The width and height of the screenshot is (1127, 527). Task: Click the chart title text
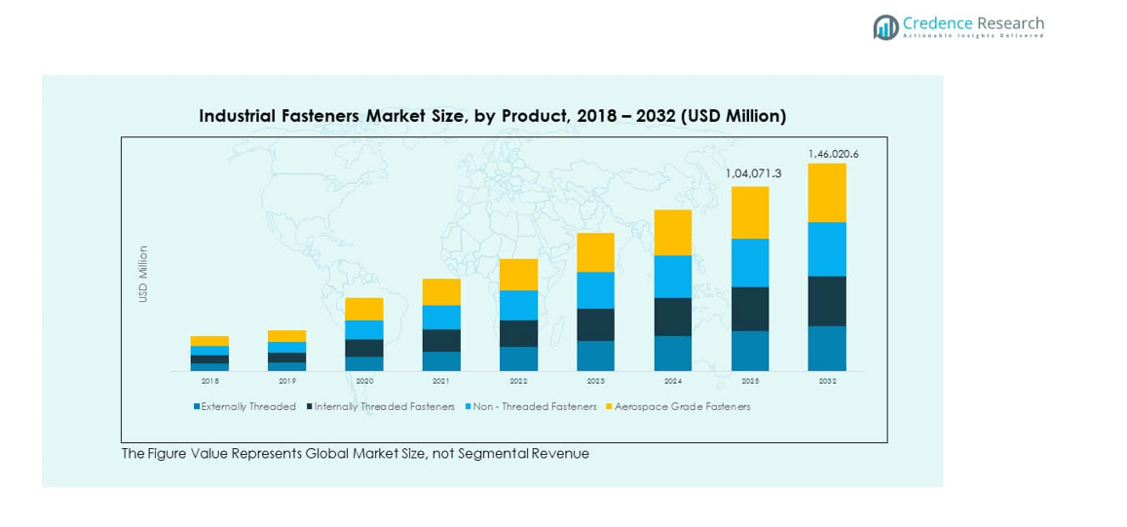(x=492, y=116)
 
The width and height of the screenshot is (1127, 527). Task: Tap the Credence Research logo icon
(x=885, y=27)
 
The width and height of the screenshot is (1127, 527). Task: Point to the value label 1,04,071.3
(x=753, y=173)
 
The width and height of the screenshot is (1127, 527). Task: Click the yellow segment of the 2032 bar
(x=827, y=193)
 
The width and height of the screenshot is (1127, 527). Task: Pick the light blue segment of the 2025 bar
(x=750, y=263)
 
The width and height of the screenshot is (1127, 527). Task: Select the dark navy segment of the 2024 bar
(x=673, y=317)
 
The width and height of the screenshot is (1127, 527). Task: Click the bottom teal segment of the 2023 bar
(x=595, y=356)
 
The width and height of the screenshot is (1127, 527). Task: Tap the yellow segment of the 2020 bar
(x=364, y=309)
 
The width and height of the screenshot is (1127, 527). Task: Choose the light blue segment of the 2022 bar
(x=518, y=305)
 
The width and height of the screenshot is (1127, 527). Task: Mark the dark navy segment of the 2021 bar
(x=441, y=340)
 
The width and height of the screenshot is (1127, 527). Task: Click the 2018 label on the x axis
(x=209, y=382)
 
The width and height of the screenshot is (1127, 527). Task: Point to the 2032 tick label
(x=827, y=382)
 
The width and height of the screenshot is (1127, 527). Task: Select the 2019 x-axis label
(x=287, y=382)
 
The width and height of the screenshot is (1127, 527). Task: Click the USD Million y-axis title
(x=143, y=274)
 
